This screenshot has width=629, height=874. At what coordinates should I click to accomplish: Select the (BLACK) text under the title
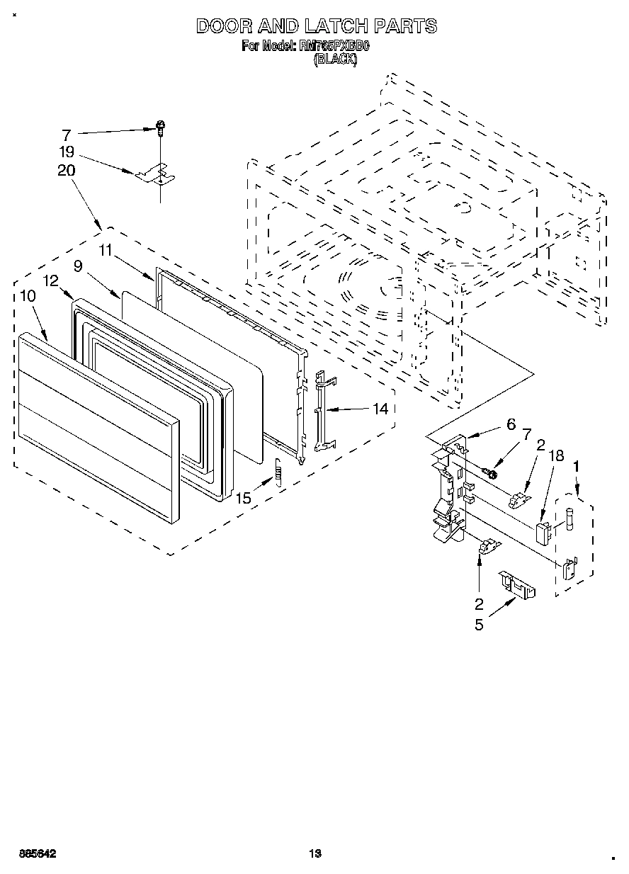coord(335,59)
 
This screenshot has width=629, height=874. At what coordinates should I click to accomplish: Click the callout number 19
coord(67,152)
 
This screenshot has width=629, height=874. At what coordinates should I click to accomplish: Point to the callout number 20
coord(67,170)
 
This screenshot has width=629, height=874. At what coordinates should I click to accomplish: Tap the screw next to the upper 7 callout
coord(161,127)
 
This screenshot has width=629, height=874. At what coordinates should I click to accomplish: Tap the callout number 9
coord(77,266)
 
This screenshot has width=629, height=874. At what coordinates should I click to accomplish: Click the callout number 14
coord(380,409)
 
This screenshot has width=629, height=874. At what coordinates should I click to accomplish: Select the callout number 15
coord(244,498)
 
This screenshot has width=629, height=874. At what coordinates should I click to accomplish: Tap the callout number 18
coord(557,455)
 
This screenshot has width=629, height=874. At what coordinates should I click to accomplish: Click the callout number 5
coord(479,625)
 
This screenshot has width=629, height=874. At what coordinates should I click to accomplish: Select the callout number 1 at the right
coord(576,466)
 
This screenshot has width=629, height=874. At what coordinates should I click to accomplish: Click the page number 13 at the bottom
coord(315,853)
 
